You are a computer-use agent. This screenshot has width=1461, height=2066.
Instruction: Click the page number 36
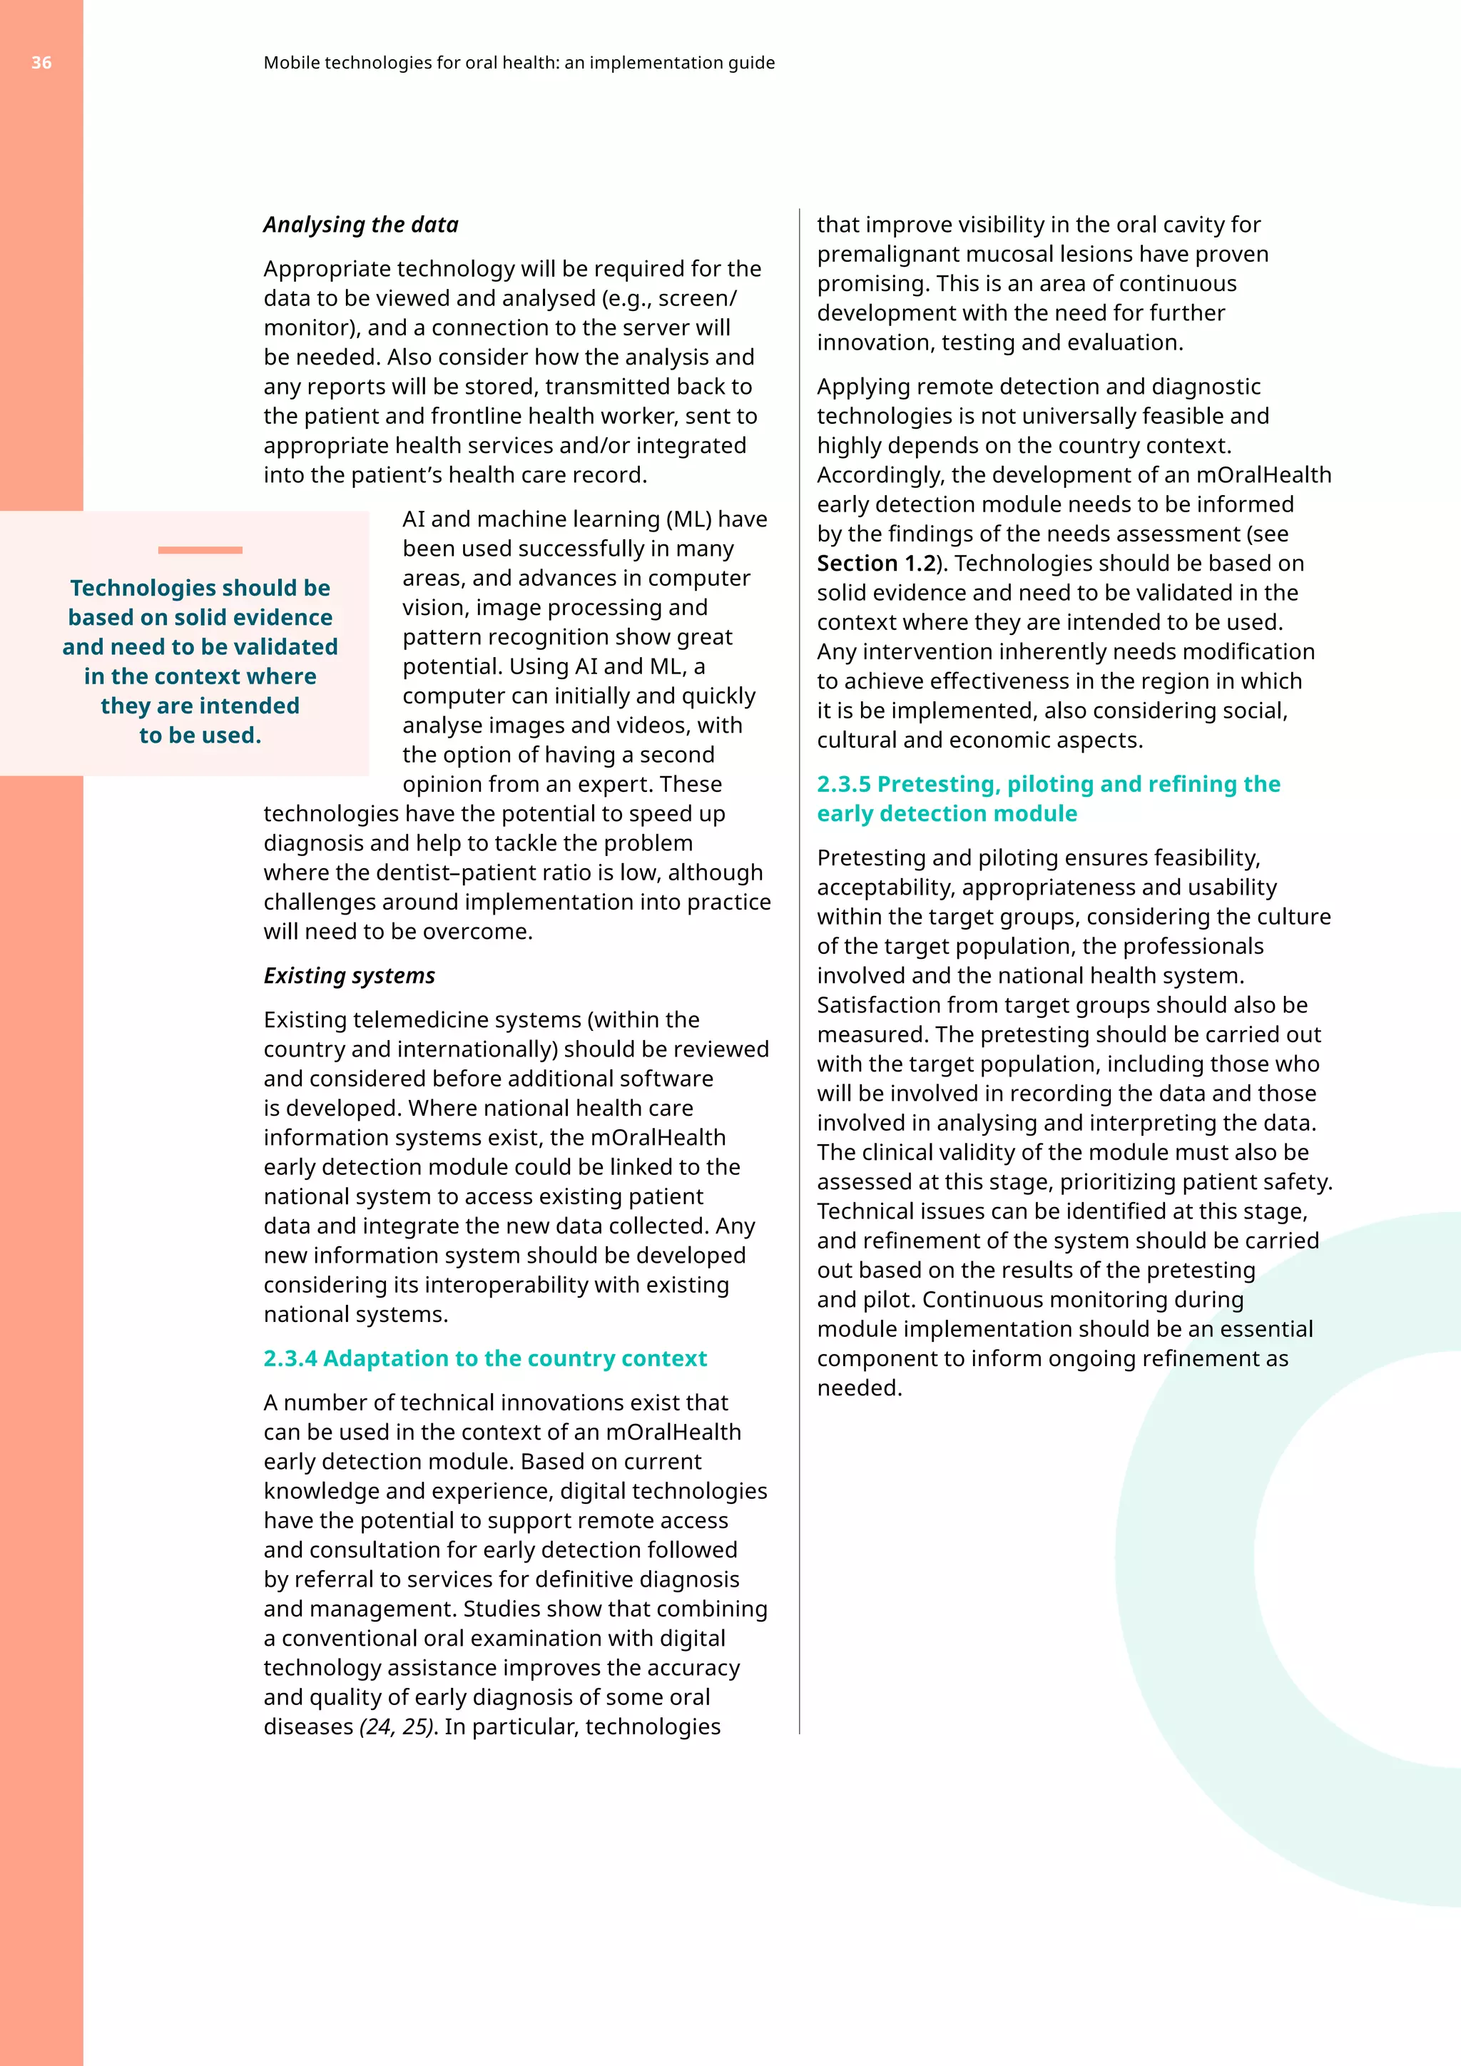pyautogui.click(x=41, y=63)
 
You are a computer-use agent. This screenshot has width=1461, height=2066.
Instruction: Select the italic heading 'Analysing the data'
pyautogui.click(x=361, y=225)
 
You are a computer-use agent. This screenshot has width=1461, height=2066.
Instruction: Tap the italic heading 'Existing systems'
pyautogui.click(x=349, y=975)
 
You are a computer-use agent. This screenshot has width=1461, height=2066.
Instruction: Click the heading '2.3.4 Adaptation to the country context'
pyautogui.click(x=485, y=1358)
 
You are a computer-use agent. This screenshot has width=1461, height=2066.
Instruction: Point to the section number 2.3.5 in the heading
pyautogui.click(x=843, y=784)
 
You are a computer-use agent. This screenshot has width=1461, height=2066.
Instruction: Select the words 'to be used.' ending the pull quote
pyautogui.click(x=200, y=736)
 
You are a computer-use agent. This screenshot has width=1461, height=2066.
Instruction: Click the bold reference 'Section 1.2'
pyautogui.click(x=875, y=564)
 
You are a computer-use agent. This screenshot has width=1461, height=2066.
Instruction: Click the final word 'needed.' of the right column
pyautogui.click(x=859, y=1388)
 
